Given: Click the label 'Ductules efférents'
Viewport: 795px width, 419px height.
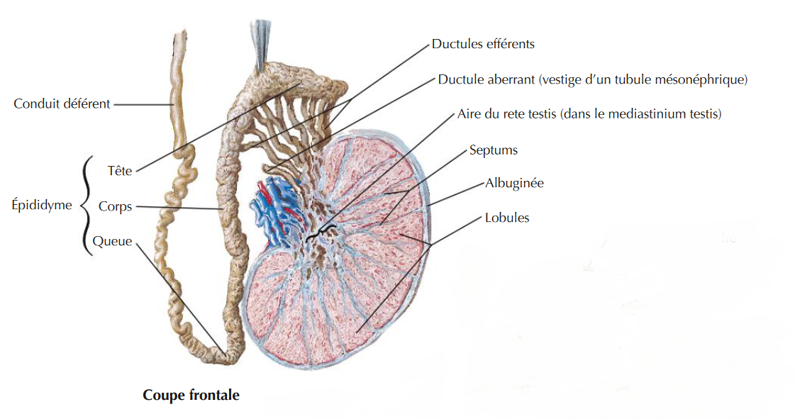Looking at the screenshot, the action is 483,44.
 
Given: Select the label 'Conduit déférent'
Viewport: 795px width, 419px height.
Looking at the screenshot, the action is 62,104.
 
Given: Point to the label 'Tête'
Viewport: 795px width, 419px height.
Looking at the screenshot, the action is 120,171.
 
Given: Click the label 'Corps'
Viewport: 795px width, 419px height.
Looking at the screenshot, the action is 115,207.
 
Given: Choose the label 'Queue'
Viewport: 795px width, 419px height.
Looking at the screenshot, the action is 112,241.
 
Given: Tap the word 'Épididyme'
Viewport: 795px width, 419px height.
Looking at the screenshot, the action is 42,205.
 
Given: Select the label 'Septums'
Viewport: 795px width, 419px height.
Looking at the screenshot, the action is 494,150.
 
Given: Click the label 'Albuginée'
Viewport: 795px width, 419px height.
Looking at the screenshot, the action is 514,183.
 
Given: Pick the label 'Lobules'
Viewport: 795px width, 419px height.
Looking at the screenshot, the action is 507,218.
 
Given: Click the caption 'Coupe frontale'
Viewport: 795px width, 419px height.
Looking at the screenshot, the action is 191,395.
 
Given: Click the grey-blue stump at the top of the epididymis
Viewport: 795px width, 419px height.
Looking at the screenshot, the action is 262,43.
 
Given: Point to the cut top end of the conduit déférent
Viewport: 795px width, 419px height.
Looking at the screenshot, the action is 179,35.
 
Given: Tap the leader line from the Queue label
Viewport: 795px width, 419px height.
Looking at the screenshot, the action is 181,299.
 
